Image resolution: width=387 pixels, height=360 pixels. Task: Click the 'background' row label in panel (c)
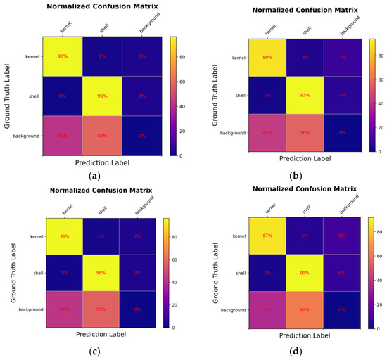coord(30,309)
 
